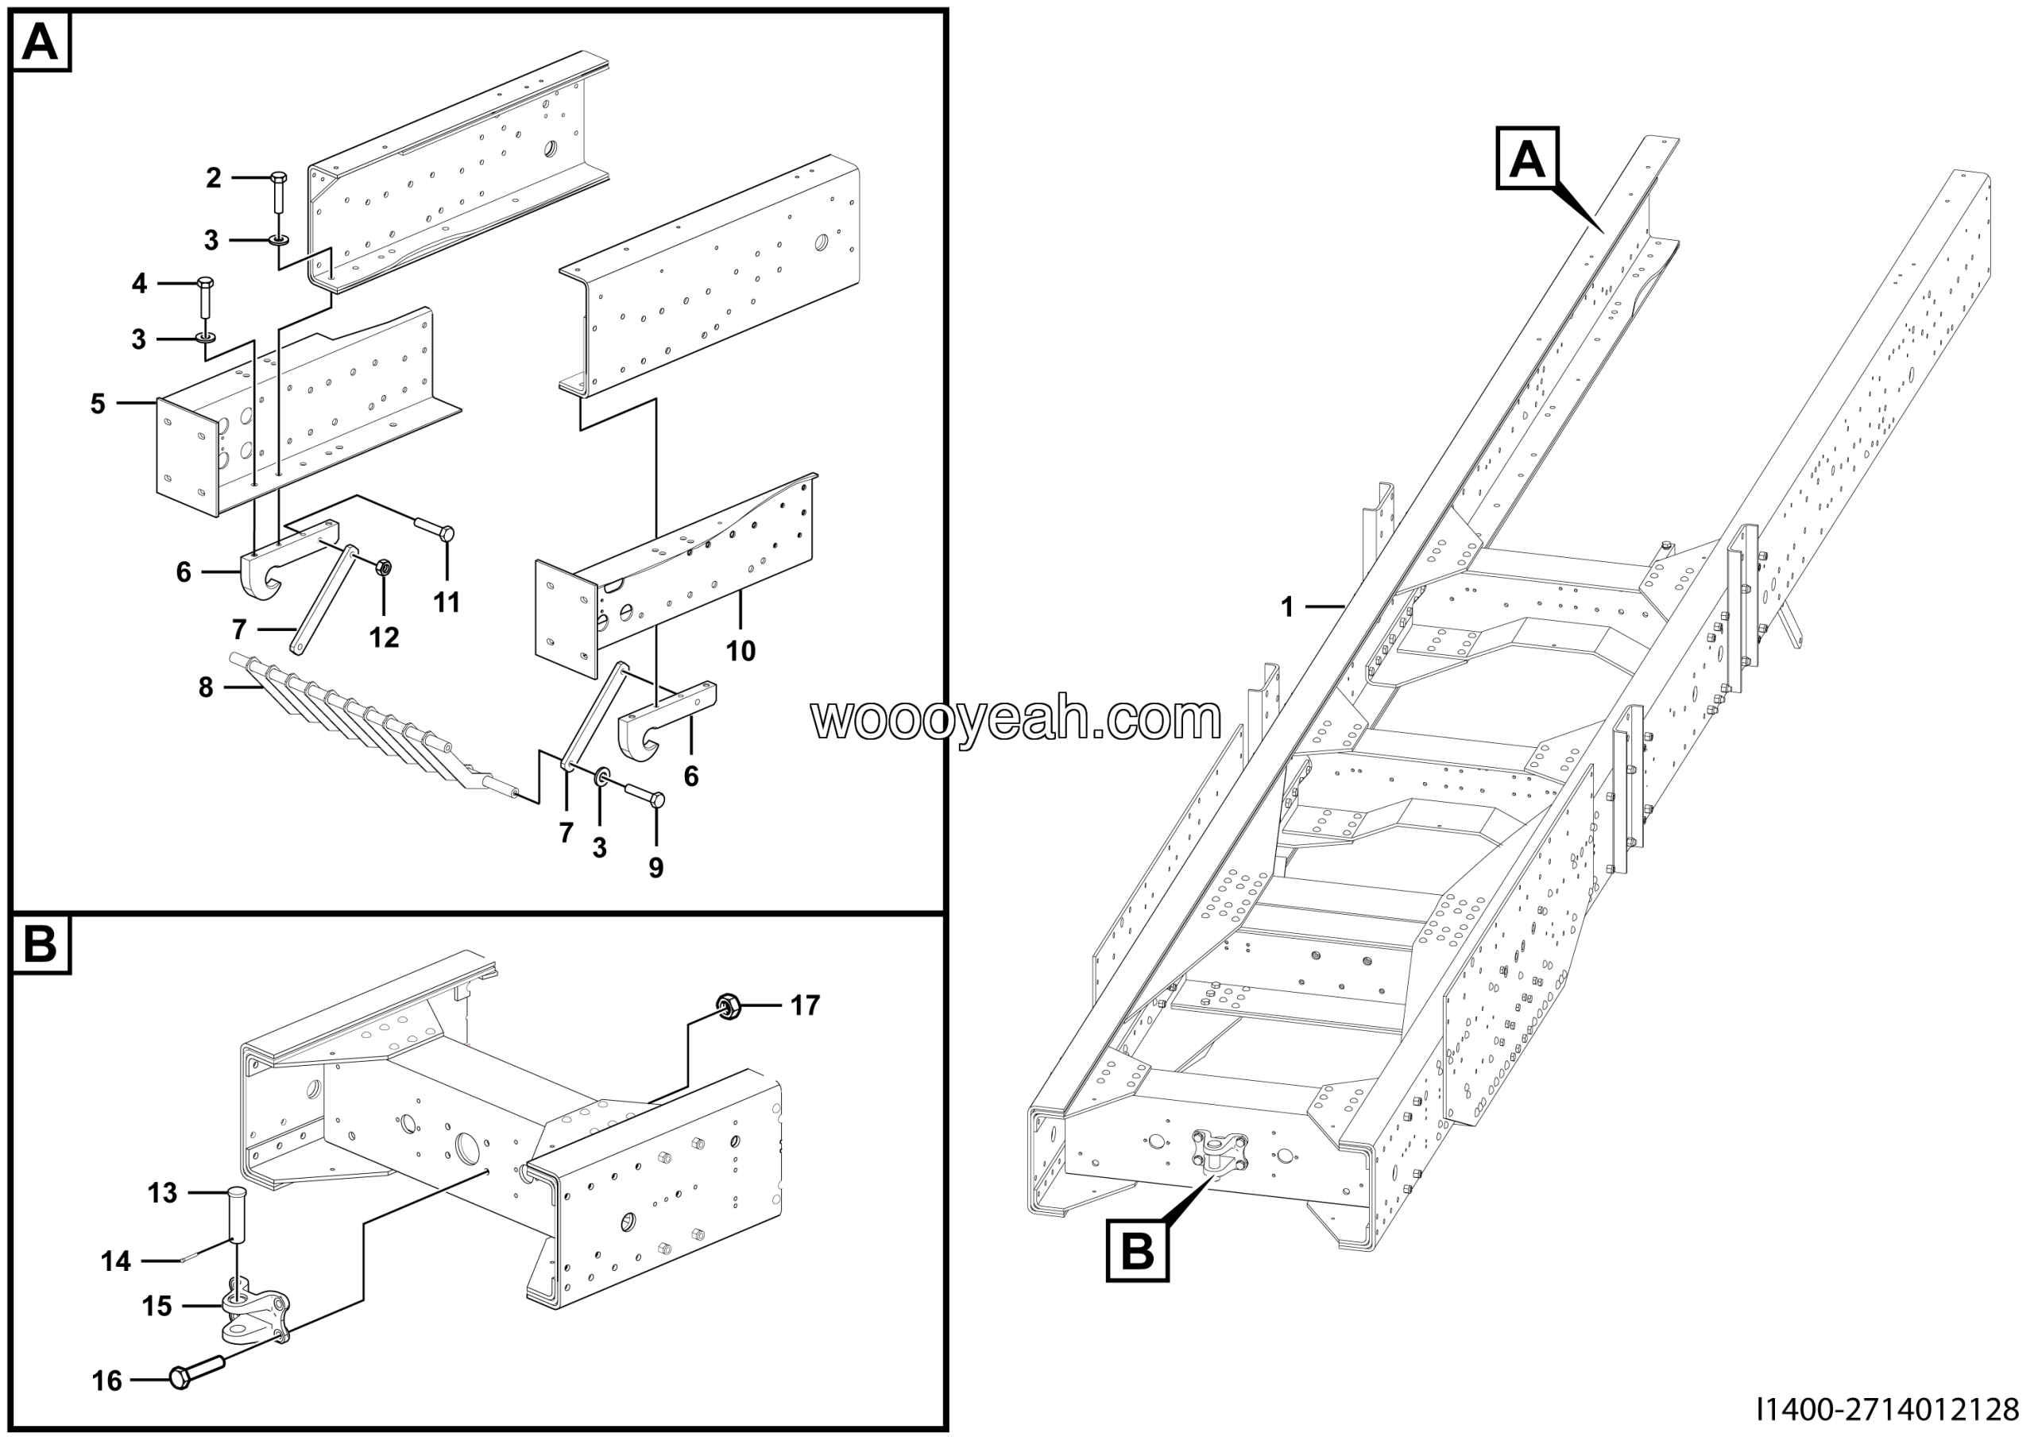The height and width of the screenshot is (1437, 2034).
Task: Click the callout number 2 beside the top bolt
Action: [x=214, y=178]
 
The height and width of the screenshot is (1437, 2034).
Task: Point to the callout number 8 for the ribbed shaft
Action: [x=206, y=687]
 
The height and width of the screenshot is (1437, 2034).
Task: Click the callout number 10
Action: [x=741, y=651]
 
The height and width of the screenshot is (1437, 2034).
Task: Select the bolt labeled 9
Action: [x=645, y=795]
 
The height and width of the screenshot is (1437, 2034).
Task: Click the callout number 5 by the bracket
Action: [x=98, y=404]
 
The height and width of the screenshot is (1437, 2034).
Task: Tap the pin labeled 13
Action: [x=238, y=1218]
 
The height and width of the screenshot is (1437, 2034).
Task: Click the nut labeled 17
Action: [x=729, y=1005]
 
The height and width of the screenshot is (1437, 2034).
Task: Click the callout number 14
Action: [x=116, y=1261]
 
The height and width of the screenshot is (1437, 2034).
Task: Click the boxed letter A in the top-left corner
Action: [x=41, y=41]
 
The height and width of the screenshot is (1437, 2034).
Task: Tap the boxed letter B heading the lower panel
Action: [x=41, y=943]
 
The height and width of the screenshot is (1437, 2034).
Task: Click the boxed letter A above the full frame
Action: [x=1527, y=160]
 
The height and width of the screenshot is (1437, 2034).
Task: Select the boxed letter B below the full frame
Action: [x=1138, y=1251]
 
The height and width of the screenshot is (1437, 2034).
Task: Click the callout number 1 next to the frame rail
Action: [x=1287, y=607]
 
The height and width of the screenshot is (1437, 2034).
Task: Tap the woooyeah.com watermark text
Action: [x=1016, y=719]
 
